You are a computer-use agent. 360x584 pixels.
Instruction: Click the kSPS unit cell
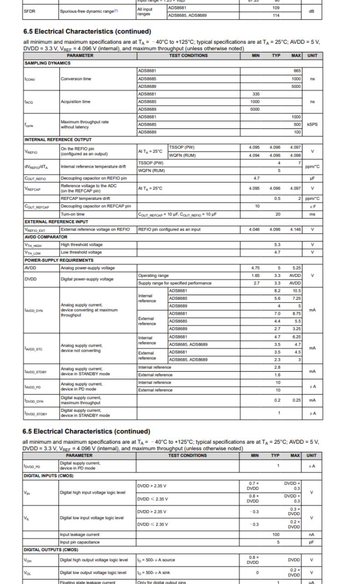[x=312, y=123]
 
